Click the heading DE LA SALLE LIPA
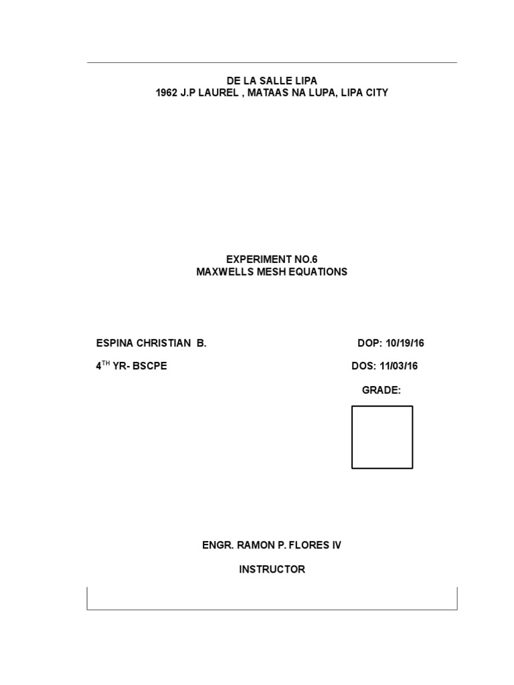click(x=272, y=81)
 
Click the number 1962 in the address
click(x=167, y=93)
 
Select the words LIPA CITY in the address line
click(x=364, y=93)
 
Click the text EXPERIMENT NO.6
click(x=272, y=260)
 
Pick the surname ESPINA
click(x=114, y=344)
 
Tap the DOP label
click(x=369, y=344)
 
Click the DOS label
click(x=363, y=366)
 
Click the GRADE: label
click(x=381, y=390)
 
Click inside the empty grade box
click(x=382, y=437)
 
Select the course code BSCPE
click(x=149, y=366)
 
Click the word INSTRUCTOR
click(x=272, y=569)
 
